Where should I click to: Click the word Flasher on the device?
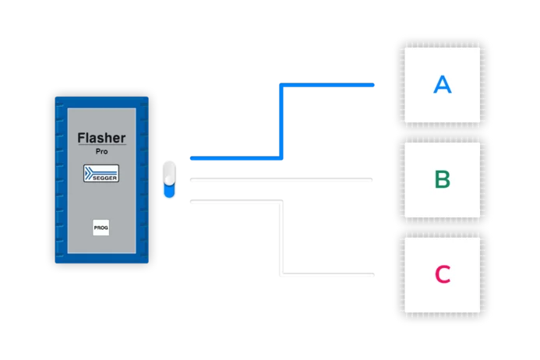(101, 139)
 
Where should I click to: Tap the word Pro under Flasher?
(101, 150)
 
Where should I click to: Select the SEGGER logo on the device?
(101, 173)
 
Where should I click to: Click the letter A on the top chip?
(442, 85)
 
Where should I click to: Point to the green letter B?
(442, 179)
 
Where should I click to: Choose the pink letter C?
(442, 274)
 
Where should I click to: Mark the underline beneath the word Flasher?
(101, 146)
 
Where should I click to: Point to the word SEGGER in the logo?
(102, 178)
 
